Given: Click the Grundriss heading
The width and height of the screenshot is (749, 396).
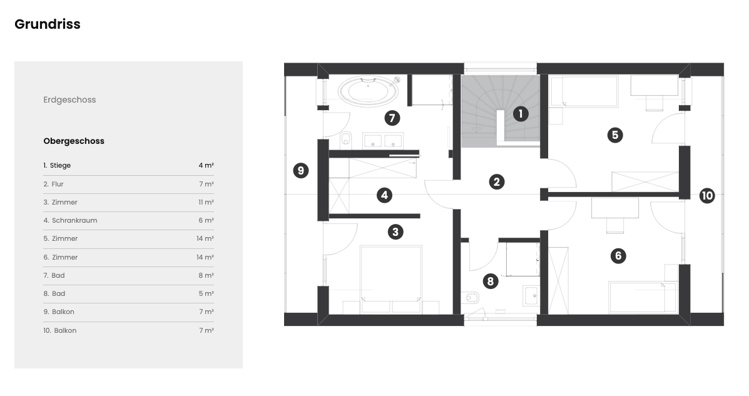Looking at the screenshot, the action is tap(48, 24).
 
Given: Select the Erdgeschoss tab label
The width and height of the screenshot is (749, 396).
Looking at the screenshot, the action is tap(69, 100).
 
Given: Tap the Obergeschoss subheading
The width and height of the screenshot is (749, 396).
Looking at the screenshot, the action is tap(74, 141).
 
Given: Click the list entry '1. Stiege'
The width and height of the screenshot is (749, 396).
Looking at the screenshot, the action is tap(57, 165).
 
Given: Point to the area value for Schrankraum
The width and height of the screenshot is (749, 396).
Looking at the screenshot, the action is tap(206, 220).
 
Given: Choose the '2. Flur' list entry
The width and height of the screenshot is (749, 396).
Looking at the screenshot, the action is tap(54, 184).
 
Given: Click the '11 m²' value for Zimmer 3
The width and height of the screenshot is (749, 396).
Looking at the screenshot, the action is tap(206, 202).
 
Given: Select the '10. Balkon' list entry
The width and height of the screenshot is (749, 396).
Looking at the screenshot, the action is tap(59, 330).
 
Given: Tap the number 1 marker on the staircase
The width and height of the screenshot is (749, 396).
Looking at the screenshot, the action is tap(521, 114).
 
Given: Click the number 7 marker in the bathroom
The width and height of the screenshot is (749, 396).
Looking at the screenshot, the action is tap(392, 118).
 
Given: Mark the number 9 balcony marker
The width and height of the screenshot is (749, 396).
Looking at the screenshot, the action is tap(300, 171).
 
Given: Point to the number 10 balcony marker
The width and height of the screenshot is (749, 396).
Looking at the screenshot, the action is tap(707, 195).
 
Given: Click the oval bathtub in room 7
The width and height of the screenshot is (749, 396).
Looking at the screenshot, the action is tap(369, 91).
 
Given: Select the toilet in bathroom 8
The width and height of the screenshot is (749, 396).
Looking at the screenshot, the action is tap(471, 298).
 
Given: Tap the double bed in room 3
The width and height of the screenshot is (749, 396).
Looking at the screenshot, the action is tap(391, 280).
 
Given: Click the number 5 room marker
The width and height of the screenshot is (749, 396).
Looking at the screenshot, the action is tap(615, 135).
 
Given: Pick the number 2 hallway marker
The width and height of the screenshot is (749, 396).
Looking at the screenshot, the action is tap(497, 181).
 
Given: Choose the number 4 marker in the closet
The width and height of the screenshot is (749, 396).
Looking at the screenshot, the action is tap(385, 195).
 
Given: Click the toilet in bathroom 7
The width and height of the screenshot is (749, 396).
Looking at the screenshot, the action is tap(346, 139).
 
